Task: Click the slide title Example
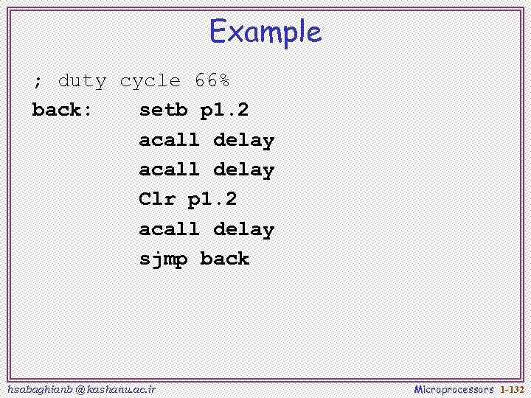tap(265, 32)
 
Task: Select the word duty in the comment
tap(82, 81)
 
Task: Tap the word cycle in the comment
tap(150, 81)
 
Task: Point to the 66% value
tap(212, 80)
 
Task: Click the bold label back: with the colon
tap(63, 111)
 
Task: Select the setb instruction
tap(163, 111)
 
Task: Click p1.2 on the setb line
tap(224, 111)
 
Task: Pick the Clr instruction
tap(157, 199)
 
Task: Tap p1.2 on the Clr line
tap(212, 200)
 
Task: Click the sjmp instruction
tap(163, 259)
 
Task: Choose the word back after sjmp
tap(224, 259)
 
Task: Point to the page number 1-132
tap(512, 388)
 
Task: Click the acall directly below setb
tap(169, 140)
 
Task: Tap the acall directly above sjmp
tap(169, 229)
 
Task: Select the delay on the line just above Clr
tap(243, 170)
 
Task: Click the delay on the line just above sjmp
tap(243, 230)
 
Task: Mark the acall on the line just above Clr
tap(169, 170)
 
